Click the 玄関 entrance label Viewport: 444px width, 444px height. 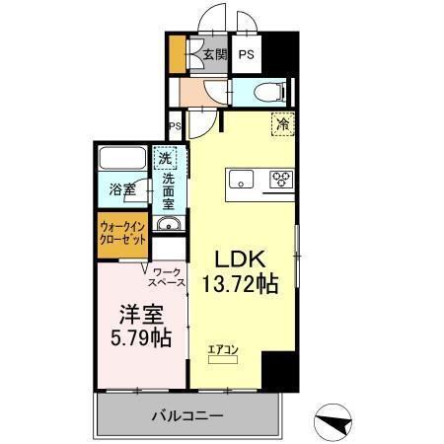(x=214, y=55)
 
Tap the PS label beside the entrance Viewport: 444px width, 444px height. (x=247, y=55)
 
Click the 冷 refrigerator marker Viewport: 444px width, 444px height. (x=282, y=125)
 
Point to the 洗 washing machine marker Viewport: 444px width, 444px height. (x=167, y=158)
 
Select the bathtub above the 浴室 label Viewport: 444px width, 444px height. (x=123, y=159)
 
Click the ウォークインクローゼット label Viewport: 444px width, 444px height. (x=122, y=235)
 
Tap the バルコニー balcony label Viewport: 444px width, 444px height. (x=186, y=415)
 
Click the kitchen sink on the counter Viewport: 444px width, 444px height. (x=242, y=180)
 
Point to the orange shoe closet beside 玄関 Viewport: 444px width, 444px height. (x=178, y=55)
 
